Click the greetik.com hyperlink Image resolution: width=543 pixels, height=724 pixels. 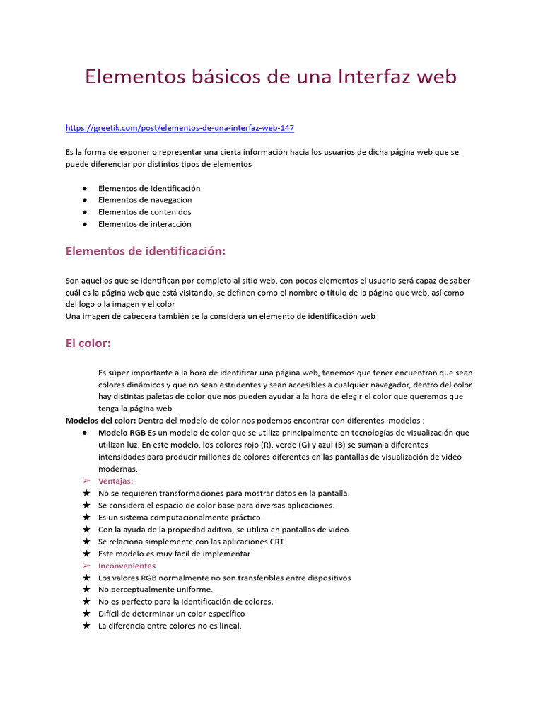[180, 128]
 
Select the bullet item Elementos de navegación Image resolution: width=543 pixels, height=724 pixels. [144, 200]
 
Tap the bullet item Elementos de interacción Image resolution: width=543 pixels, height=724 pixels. [144, 224]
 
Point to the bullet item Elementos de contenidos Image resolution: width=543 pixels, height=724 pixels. [144, 212]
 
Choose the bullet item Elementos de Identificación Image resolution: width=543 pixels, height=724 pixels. [149, 188]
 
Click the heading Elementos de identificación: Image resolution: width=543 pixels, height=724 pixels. [145, 251]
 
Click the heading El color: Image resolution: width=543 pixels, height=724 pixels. [88, 344]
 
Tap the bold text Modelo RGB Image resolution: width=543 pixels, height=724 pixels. [122, 432]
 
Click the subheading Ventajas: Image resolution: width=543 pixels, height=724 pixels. [115, 481]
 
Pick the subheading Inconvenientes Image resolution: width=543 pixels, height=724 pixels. [127, 566]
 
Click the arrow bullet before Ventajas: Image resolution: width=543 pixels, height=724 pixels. [86, 481]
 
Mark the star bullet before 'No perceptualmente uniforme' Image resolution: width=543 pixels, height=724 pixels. [86, 590]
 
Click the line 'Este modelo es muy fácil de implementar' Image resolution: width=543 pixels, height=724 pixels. [174, 554]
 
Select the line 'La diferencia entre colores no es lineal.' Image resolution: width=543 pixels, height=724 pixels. [170, 626]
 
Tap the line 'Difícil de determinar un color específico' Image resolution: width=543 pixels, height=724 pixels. [171, 614]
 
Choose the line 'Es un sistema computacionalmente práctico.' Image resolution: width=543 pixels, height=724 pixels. [180, 518]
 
